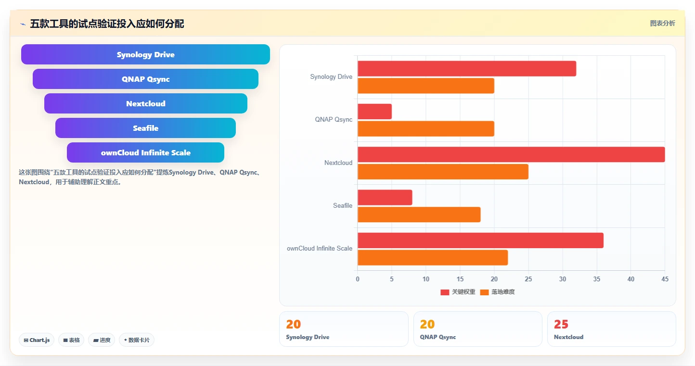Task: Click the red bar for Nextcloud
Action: [511, 154]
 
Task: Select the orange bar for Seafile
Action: [419, 215]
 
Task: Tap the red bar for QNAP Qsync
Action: [374, 112]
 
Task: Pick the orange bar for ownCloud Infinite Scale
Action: [433, 257]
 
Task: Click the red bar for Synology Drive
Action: [467, 69]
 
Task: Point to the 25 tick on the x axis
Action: [528, 279]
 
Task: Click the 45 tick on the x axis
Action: [665, 279]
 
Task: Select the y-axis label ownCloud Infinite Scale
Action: [319, 249]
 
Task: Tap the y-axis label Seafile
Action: [343, 206]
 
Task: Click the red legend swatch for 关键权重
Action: [445, 292]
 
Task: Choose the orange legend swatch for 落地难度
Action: [484, 292]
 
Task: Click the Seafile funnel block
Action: [145, 128]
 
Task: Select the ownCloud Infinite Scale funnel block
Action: [145, 152]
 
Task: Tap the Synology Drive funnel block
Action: [145, 54]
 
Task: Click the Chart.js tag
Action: [37, 340]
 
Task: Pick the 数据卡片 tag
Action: [137, 340]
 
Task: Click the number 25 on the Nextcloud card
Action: [561, 324]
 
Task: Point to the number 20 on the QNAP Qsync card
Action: [427, 324]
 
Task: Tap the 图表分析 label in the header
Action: [662, 23]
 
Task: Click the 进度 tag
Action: [102, 340]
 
